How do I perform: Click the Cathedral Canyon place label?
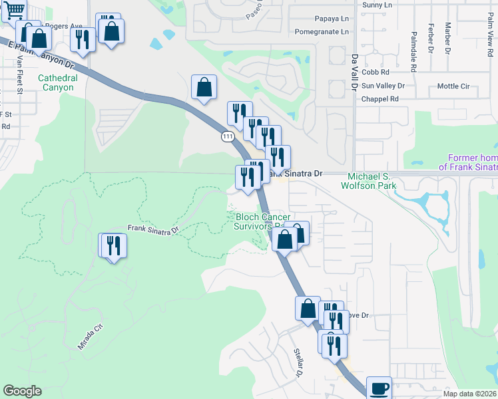(57, 82)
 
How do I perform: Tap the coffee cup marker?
(379, 388)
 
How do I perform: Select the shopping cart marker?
(13, 11)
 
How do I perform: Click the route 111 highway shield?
(228, 136)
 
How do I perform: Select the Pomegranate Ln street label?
(322, 31)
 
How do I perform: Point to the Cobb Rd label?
(375, 72)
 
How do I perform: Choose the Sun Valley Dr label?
(382, 86)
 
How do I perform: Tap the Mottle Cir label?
(453, 86)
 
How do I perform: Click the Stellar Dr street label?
(298, 362)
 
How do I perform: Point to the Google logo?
(22, 391)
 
